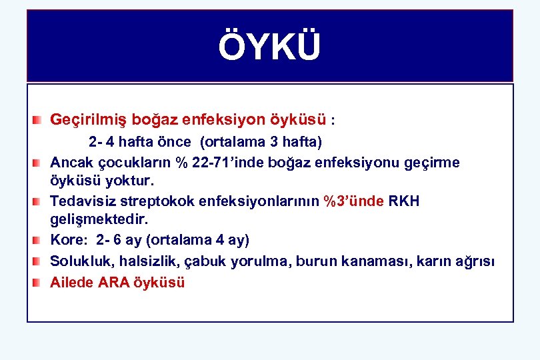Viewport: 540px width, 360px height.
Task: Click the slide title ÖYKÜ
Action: click(x=269, y=47)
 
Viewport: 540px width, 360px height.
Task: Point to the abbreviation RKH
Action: click(x=405, y=201)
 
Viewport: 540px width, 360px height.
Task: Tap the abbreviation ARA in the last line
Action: click(x=116, y=282)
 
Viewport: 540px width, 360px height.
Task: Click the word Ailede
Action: click(x=72, y=282)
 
